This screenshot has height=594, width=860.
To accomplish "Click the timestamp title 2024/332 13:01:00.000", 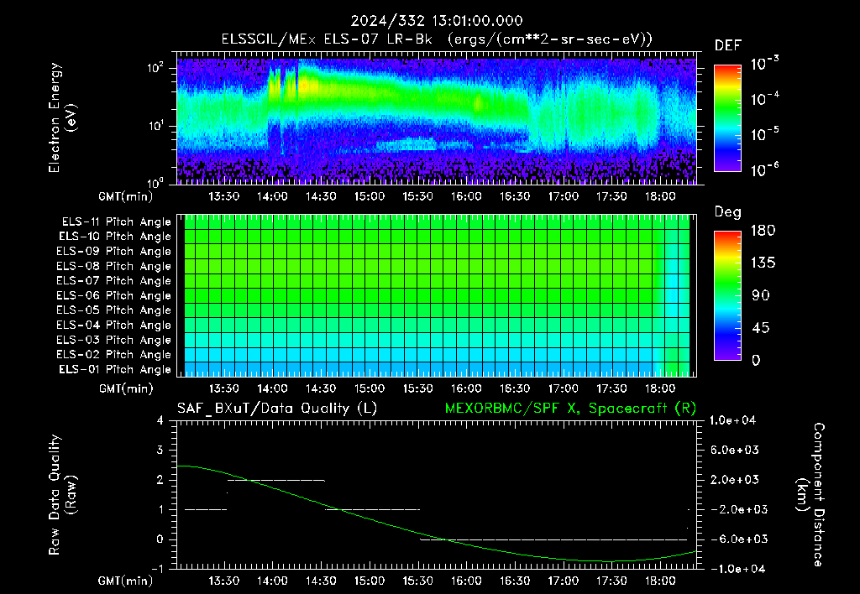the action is pos(437,21).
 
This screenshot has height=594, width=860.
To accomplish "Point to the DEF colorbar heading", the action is pos(728,45).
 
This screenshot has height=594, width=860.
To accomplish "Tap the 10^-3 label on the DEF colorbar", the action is pos(764,64).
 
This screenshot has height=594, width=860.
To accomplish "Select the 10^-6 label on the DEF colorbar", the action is pos(764,169).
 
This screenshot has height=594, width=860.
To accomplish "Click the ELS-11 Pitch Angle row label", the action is pos(116,222).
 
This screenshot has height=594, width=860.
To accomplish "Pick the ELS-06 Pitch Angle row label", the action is pos(114,296).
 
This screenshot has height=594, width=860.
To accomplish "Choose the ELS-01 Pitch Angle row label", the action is pos(115,370).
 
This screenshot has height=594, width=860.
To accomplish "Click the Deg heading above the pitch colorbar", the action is pos(728,212).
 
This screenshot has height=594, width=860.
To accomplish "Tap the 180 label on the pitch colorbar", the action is pos(763,230).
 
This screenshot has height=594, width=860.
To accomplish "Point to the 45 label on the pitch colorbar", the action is pos(759,328).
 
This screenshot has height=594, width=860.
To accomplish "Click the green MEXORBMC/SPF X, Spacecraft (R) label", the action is pos(570,409).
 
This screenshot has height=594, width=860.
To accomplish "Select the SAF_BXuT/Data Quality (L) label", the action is pos(277,409).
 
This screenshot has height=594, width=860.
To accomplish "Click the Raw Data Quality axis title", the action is pos(61,495).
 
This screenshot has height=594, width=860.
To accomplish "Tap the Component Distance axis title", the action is pos(810,495).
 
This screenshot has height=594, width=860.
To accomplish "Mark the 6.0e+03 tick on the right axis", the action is pos(734,451).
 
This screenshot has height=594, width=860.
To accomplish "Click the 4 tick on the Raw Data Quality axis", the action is pos(160,421).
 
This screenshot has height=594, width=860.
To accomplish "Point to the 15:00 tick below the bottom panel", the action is pos(370,581).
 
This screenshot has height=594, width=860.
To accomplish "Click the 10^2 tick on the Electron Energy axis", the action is pos(155,68).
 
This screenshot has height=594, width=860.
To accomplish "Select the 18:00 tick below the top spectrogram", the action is pos(660,196).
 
